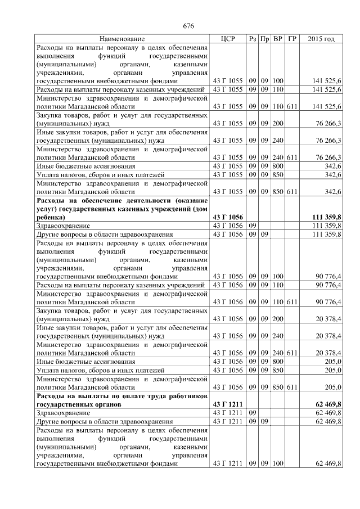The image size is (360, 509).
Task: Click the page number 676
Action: coord(188,26)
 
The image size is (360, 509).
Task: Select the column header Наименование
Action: coord(122,39)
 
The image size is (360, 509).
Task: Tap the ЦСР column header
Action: coord(228,39)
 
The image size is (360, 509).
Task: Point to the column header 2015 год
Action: coord(322,39)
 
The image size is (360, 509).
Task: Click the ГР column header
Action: coord(291,39)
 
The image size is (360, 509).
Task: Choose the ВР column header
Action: coord(278,39)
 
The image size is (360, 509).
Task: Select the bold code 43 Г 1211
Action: coord(228,404)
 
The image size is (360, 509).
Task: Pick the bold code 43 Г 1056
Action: coord(228,217)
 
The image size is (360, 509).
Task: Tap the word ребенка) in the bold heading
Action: coord(50,217)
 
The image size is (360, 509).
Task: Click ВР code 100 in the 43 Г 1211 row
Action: coord(278,464)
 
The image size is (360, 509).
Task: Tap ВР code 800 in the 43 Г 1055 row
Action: coord(278,167)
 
